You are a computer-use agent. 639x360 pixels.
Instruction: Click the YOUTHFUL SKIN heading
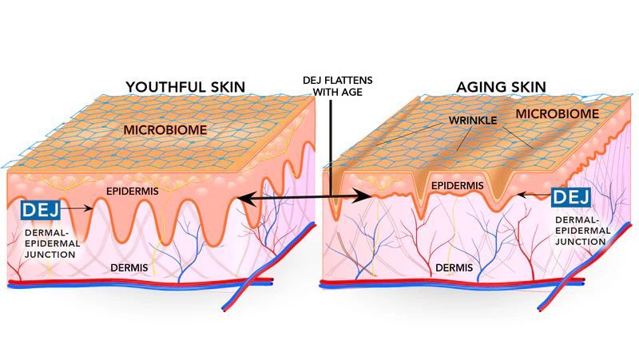(x=185, y=86)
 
